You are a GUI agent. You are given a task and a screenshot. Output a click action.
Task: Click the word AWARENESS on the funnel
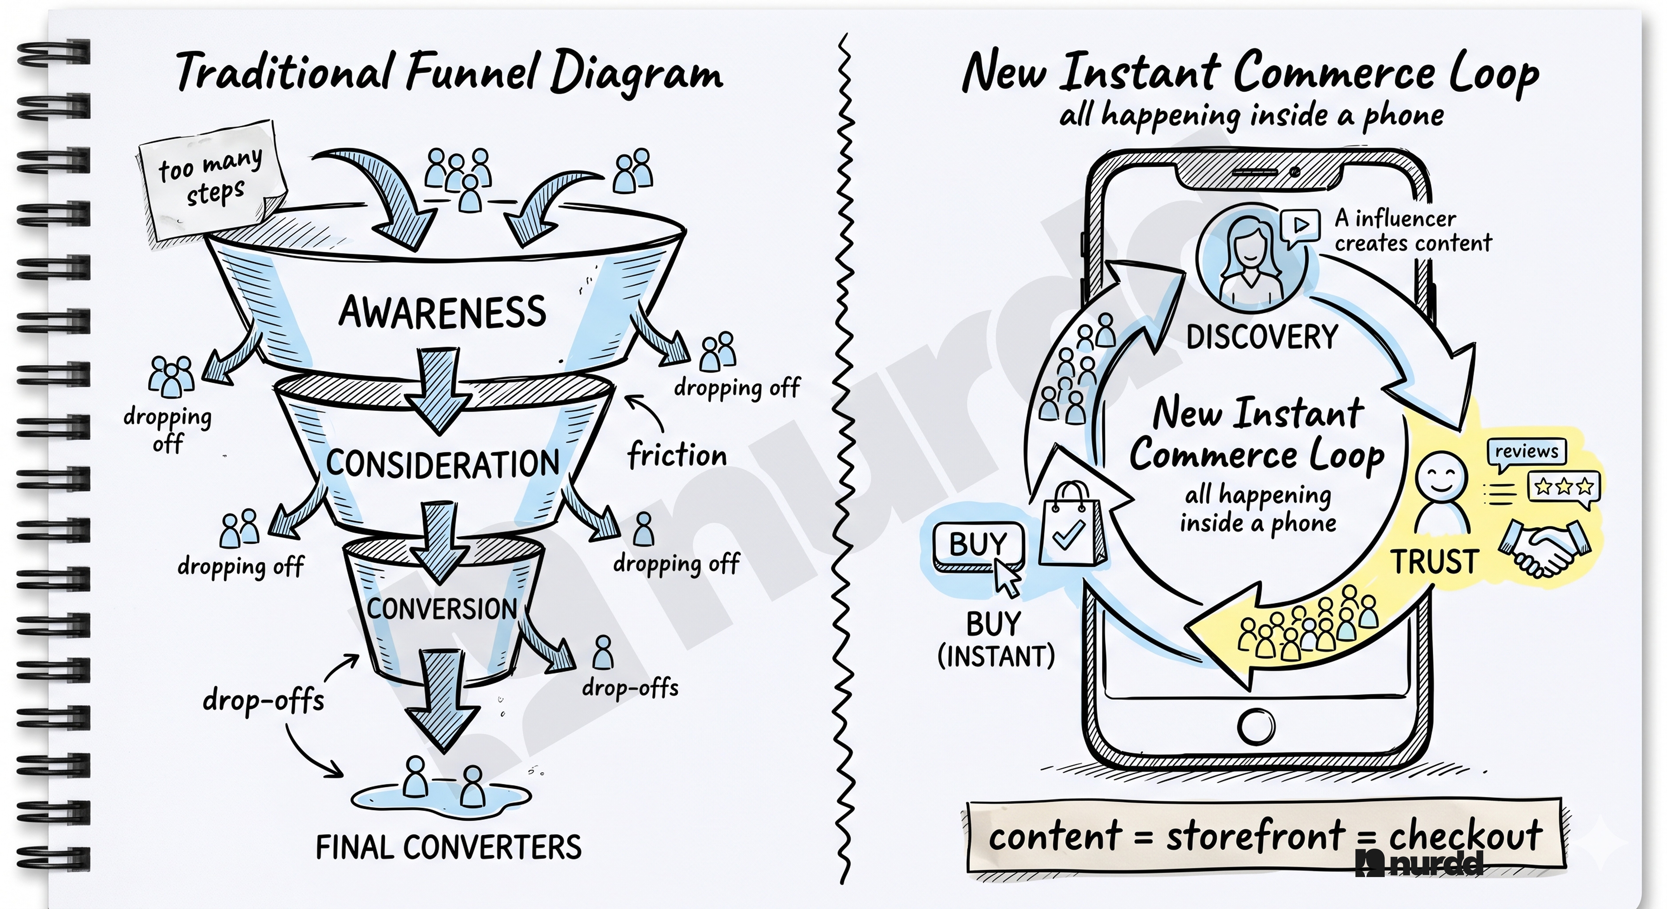point(443,312)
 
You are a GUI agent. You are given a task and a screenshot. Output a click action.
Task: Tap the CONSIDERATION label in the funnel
point(443,464)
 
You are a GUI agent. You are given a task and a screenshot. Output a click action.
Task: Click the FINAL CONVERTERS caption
point(448,847)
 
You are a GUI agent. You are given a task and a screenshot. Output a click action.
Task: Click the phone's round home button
point(1256,726)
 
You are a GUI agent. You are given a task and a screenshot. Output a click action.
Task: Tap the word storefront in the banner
point(1255,836)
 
